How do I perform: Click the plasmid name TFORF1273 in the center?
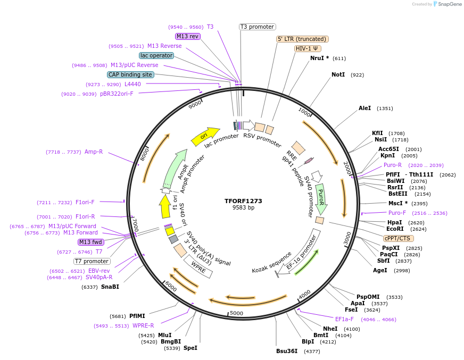tap(243, 201)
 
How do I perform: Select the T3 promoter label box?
tap(257, 27)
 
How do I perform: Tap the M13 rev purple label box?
tap(187, 36)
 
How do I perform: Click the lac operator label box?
tap(156, 55)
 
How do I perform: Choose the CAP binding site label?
tap(130, 74)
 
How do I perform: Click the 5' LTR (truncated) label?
tap(302, 39)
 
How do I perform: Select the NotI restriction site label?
tap(338, 75)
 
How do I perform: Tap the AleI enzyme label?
tap(364, 108)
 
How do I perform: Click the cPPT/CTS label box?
tap(397, 238)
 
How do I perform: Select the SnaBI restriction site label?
tap(110, 287)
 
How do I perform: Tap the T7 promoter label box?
tap(92, 261)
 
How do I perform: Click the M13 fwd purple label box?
tap(91, 242)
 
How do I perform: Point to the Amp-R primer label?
tap(94, 152)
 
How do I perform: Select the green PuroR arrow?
tap(321, 197)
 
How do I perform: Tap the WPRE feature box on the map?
tap(198, 267)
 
